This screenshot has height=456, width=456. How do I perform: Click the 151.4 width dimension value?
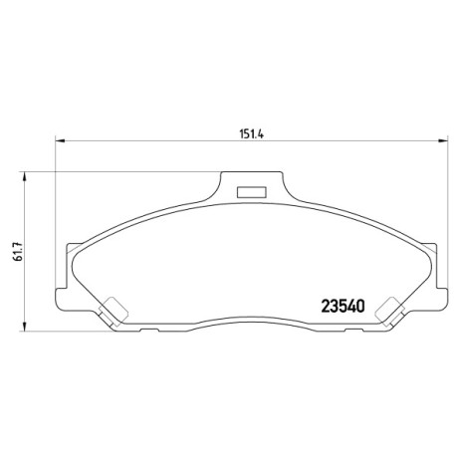[252, 134]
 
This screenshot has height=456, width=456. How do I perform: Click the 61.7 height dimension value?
[19, 251]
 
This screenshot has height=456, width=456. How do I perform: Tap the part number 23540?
[342, 306]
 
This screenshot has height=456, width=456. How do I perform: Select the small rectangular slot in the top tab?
[252, 192]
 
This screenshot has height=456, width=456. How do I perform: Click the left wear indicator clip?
[114, 311]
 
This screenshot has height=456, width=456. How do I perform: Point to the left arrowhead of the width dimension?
[59, 141]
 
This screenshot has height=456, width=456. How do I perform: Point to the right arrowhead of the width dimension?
[443, 141]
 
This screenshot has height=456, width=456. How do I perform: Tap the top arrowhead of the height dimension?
[24, 176]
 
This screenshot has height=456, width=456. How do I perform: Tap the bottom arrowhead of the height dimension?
[24, 327]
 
